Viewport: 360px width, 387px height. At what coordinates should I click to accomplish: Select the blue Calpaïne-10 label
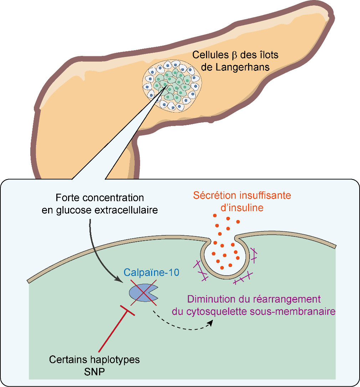tap(151, 273)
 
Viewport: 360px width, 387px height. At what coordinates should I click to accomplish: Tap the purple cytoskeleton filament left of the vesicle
tap(201, 271)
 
